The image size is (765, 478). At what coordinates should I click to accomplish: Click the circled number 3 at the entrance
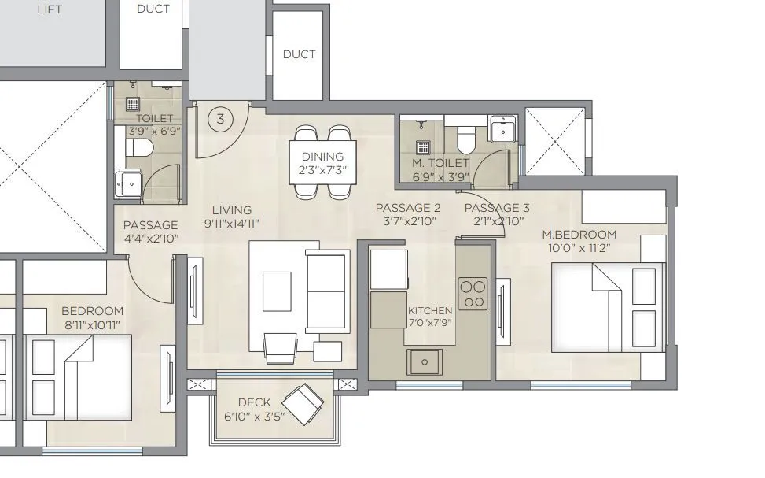click(221, 120)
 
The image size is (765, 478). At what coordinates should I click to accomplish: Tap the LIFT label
click(44, 10)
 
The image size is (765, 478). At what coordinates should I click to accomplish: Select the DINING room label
click(322, 157)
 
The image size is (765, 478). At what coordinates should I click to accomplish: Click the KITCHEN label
click(430, 311)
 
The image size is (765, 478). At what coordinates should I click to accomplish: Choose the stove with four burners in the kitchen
click(473, 292)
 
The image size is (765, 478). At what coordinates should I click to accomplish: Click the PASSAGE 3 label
click(497, 208)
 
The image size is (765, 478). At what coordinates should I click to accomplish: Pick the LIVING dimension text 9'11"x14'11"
click(232, 223)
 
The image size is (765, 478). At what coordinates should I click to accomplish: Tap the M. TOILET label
click(441, 163)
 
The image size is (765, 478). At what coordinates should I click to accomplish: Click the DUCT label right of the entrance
click(299, 54)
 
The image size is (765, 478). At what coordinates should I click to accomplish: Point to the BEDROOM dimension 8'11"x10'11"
click(92, 324)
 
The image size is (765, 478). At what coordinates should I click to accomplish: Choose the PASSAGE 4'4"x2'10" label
click(151, 239)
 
